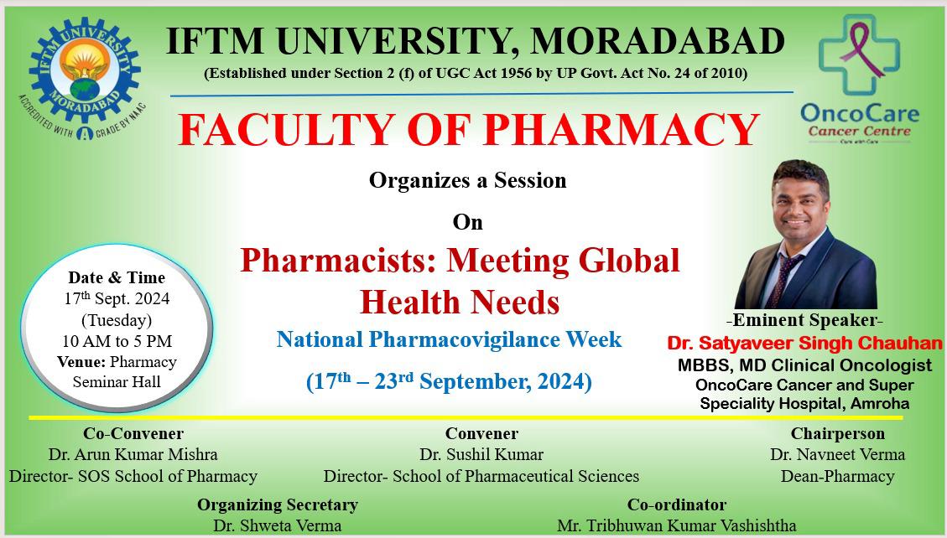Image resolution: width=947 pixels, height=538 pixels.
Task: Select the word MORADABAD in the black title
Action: (x=658, y=41)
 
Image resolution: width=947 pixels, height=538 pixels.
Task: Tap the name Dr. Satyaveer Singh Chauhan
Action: (x=804, y=344)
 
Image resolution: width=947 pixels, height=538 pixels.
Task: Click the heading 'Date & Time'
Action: (x=117, y=277)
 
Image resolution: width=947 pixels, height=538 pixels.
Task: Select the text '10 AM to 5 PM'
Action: (x=117, y=341)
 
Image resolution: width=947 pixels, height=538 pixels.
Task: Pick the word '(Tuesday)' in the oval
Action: (x=117, y=320)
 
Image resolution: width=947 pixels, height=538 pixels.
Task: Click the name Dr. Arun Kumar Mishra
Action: (x=133, y=454)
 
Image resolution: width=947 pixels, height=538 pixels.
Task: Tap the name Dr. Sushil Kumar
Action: (x=481, y=454)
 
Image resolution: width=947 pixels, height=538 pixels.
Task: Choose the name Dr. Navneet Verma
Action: (x=838, y=454)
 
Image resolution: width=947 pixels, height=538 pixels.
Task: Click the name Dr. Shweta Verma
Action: (x=277, y=525)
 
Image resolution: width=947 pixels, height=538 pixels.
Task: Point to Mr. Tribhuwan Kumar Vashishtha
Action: (x=676, y=525)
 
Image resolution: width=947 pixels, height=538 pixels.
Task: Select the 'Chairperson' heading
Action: (x=838, y=433)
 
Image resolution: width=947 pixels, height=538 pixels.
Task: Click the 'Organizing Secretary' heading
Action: (x=278, y=504)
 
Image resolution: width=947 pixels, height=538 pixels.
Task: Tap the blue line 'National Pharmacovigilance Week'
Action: (x=449, y=339)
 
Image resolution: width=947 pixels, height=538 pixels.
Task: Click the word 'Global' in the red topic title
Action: (x=629, y=260)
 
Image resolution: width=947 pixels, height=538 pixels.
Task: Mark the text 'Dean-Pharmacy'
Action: (x=838, y=476)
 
